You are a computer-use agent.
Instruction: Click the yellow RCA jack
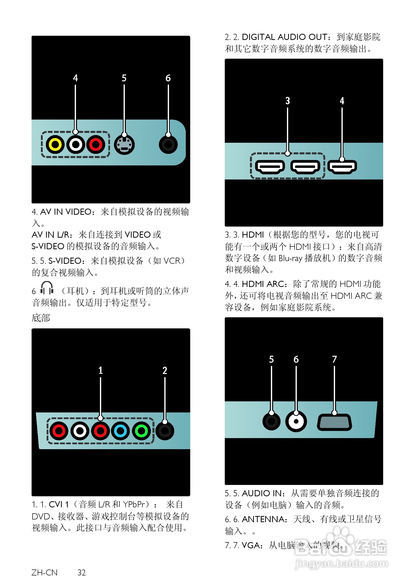pos(55,144)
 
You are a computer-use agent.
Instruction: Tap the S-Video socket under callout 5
pos(124,145)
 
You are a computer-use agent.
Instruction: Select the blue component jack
pos(120,431)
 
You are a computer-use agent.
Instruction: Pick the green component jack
pos(141,431)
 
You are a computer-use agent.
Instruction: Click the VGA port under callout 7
pos(334,422)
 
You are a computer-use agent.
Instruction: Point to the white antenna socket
pos(296,421)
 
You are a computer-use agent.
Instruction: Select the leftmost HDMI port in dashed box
pos(270,167)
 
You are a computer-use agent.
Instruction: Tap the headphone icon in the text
pos(47,288)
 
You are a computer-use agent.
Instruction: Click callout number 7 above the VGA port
pos(334,359)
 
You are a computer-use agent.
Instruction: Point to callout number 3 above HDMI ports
pos(287,101)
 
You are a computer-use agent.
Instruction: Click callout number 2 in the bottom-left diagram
pos(165,371)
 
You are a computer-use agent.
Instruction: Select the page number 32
pos(81,572)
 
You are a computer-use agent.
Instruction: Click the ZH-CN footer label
pos(44,572)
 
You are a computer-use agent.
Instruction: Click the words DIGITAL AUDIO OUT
pos(284,37)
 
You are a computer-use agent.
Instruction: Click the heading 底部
pos(41,318)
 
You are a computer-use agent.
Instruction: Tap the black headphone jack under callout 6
pos(168,144)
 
